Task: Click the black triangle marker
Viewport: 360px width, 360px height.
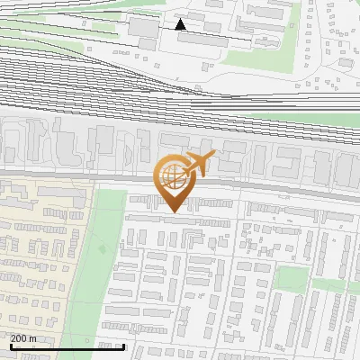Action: (x=181, y=24)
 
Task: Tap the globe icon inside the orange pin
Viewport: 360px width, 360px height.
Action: (x=172, y=176)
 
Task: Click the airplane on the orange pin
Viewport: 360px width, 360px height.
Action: (x=200, y=163)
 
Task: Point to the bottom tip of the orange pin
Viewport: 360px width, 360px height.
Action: (x=172, y=211)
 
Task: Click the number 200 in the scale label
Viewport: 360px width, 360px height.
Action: (x=19, y=338)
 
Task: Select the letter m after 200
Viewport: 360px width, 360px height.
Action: (x=33, y=338)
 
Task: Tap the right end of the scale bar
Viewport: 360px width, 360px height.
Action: (x=123, y=346)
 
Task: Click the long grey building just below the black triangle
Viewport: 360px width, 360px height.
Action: (x=202, y=40)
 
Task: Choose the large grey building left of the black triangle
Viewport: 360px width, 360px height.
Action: (x=144, y=28)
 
